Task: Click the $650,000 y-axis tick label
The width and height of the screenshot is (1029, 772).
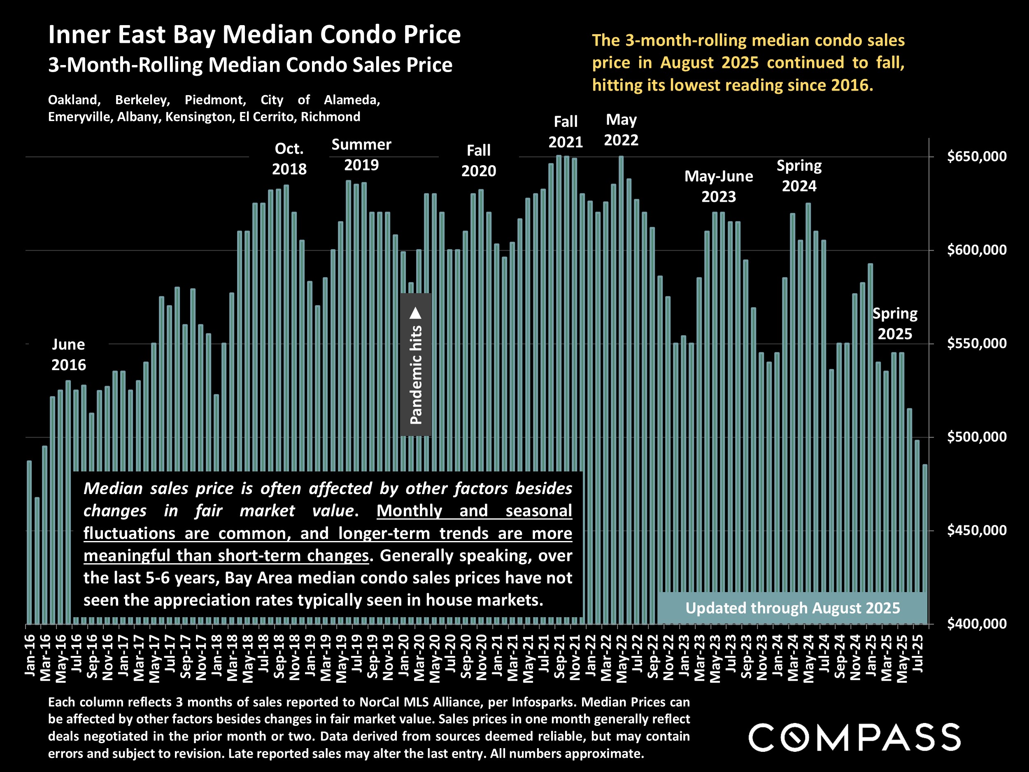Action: [x=977, y=156]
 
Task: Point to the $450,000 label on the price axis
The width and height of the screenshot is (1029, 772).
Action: [x=977, y=530]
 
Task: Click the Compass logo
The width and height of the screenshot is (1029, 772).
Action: [x=854, y=737]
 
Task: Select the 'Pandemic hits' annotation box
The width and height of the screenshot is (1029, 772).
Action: [x=415, y=364]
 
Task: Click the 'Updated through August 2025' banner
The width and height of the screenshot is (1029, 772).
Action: [x=792, y=608]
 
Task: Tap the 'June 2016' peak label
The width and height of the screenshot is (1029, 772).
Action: [x=68, y=355]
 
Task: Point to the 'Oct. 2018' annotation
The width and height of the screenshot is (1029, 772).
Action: [x=289, y=159]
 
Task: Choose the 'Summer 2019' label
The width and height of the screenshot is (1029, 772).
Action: [x=361, y=154]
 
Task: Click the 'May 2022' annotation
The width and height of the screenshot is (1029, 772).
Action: [x=621, y=130]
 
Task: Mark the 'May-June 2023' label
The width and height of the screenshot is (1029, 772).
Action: [x=718, y=186]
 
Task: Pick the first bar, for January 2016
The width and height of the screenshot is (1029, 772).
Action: [x=29, y=542]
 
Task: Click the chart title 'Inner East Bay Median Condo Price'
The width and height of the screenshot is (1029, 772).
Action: [x=254, y=35]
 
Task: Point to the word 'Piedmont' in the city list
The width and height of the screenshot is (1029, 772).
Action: [x=215, y=100]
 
